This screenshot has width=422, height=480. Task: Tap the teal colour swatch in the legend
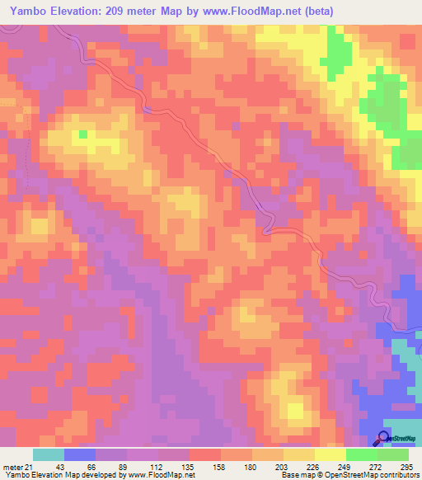click(x=49, y=454)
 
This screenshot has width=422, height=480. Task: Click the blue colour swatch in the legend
click(x=80, y=454)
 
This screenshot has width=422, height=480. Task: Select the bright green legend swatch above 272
click(x=362, y=454)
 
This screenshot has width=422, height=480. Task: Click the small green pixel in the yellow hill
click(x=82, y=132)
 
